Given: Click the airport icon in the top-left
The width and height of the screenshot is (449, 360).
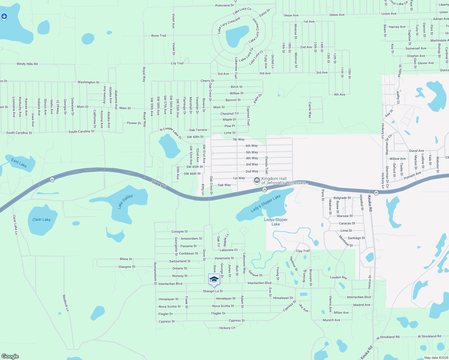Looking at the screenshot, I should (x=4, y=16).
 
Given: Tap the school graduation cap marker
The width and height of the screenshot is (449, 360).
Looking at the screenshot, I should (x=214, y=280).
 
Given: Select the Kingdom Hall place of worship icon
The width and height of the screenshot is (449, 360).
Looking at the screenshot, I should (x=257, y=180).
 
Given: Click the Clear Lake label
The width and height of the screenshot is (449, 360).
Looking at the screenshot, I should (x=41, y=220).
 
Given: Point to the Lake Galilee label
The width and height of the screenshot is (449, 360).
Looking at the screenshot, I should (x=125, y=201).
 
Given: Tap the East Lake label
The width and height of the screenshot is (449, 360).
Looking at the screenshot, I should (x=19, y=163).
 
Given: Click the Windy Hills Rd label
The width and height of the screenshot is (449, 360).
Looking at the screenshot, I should (x=27, y=64).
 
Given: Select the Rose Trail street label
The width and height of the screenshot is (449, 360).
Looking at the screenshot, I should (x=159, y=36).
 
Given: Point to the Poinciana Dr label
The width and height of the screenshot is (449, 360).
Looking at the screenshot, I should (x=224, y=5).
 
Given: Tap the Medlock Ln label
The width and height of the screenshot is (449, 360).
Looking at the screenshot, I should (x=66, y=303).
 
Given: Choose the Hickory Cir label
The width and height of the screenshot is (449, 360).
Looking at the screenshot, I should (x=227, y=328).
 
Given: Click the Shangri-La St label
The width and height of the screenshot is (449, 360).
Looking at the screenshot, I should (x=213, y=291).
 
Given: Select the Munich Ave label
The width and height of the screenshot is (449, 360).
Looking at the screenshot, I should (x=331, y=320).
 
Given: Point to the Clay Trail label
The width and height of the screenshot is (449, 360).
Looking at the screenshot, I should (x=303, y=251).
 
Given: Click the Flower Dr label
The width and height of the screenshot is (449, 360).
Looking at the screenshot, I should (x=134, y=123).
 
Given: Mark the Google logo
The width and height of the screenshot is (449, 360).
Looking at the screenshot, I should (x=10, y=356).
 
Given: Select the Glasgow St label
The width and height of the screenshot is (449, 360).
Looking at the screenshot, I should (x=127, y=267).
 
